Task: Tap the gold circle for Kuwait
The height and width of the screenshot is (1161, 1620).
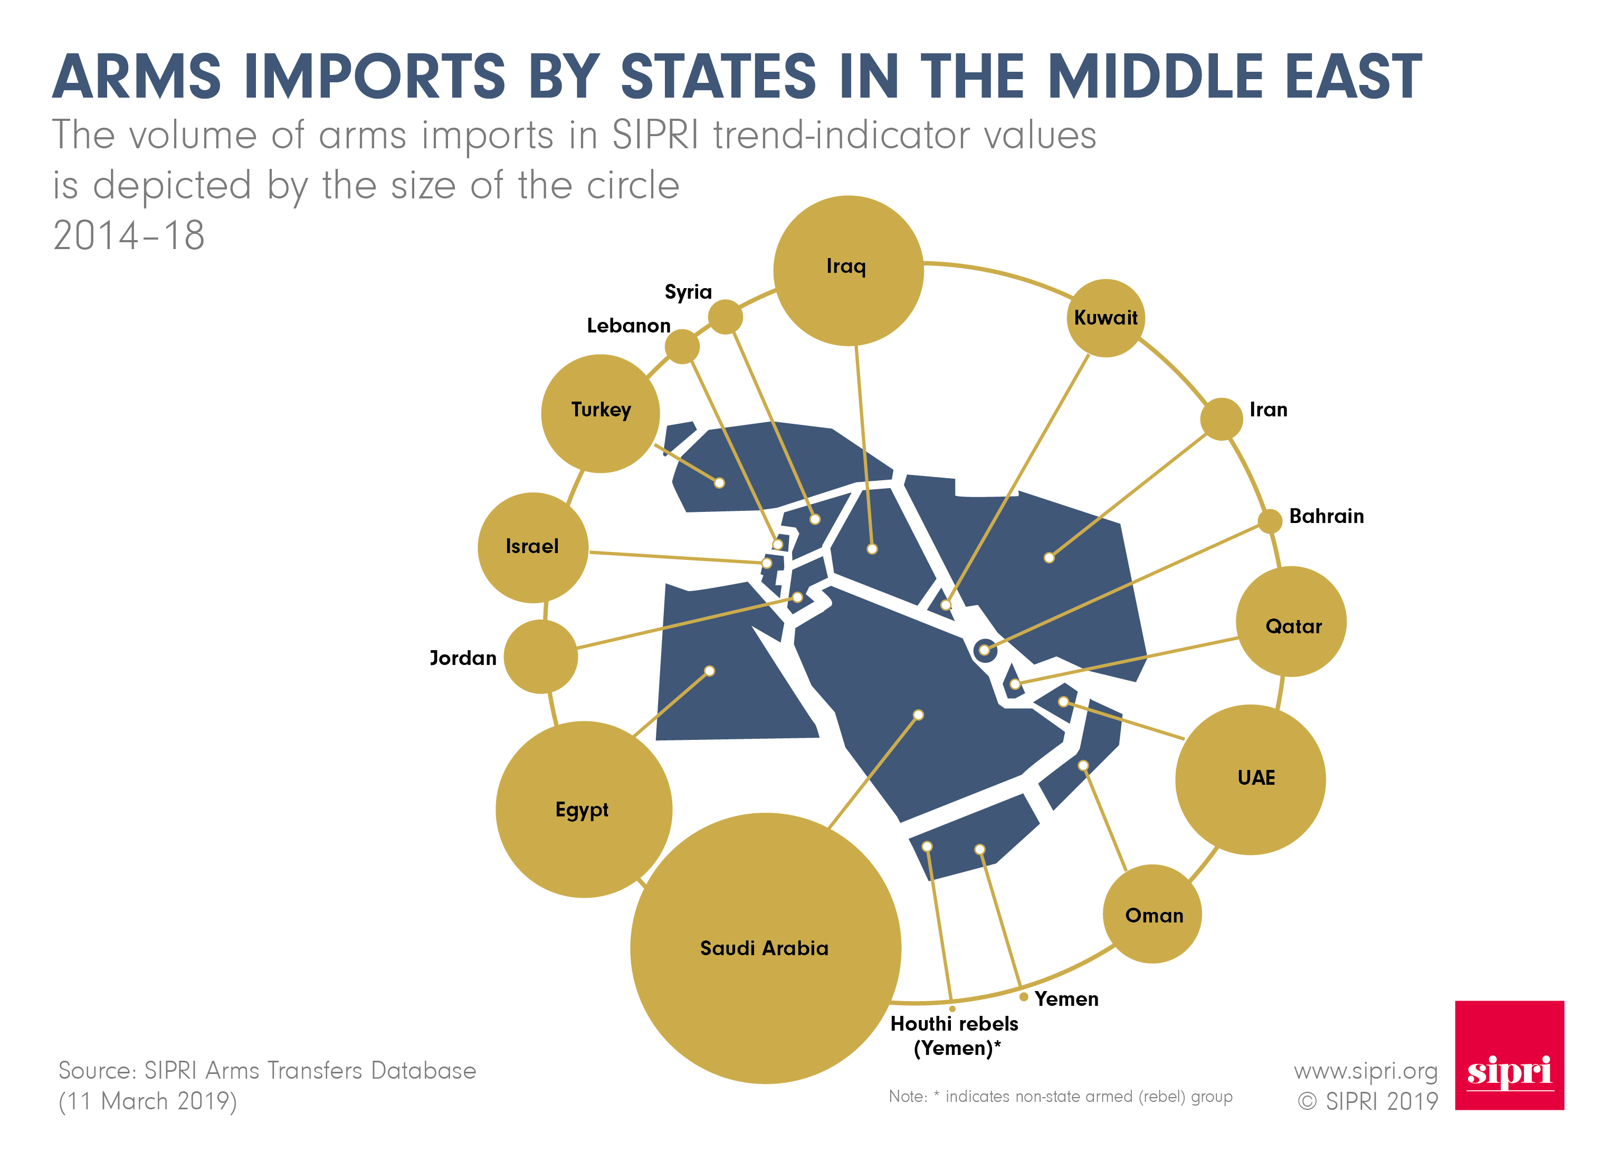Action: [x=1105, y=318]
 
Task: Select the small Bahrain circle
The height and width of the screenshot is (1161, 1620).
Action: [x=1269, y=521]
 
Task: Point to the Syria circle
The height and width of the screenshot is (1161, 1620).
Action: [x=725, y=317]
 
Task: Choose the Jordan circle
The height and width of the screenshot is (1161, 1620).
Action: [x=541, y=656]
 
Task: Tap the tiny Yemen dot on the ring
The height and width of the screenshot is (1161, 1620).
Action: [x=1024, y=996]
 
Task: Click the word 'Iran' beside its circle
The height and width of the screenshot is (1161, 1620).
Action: [x=1269, y=410]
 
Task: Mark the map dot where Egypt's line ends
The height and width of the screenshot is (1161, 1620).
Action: [x=709, y=671]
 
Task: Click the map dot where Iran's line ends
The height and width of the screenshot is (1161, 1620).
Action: [x=1049, y=557]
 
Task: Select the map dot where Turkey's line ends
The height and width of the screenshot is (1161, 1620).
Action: [x=719, y=483]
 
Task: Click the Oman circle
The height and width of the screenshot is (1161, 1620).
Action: [x=1152, y=914]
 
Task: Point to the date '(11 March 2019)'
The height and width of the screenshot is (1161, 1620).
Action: [x=147, y=1101]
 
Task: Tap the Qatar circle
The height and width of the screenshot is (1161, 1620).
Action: [x=1291, y=622]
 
